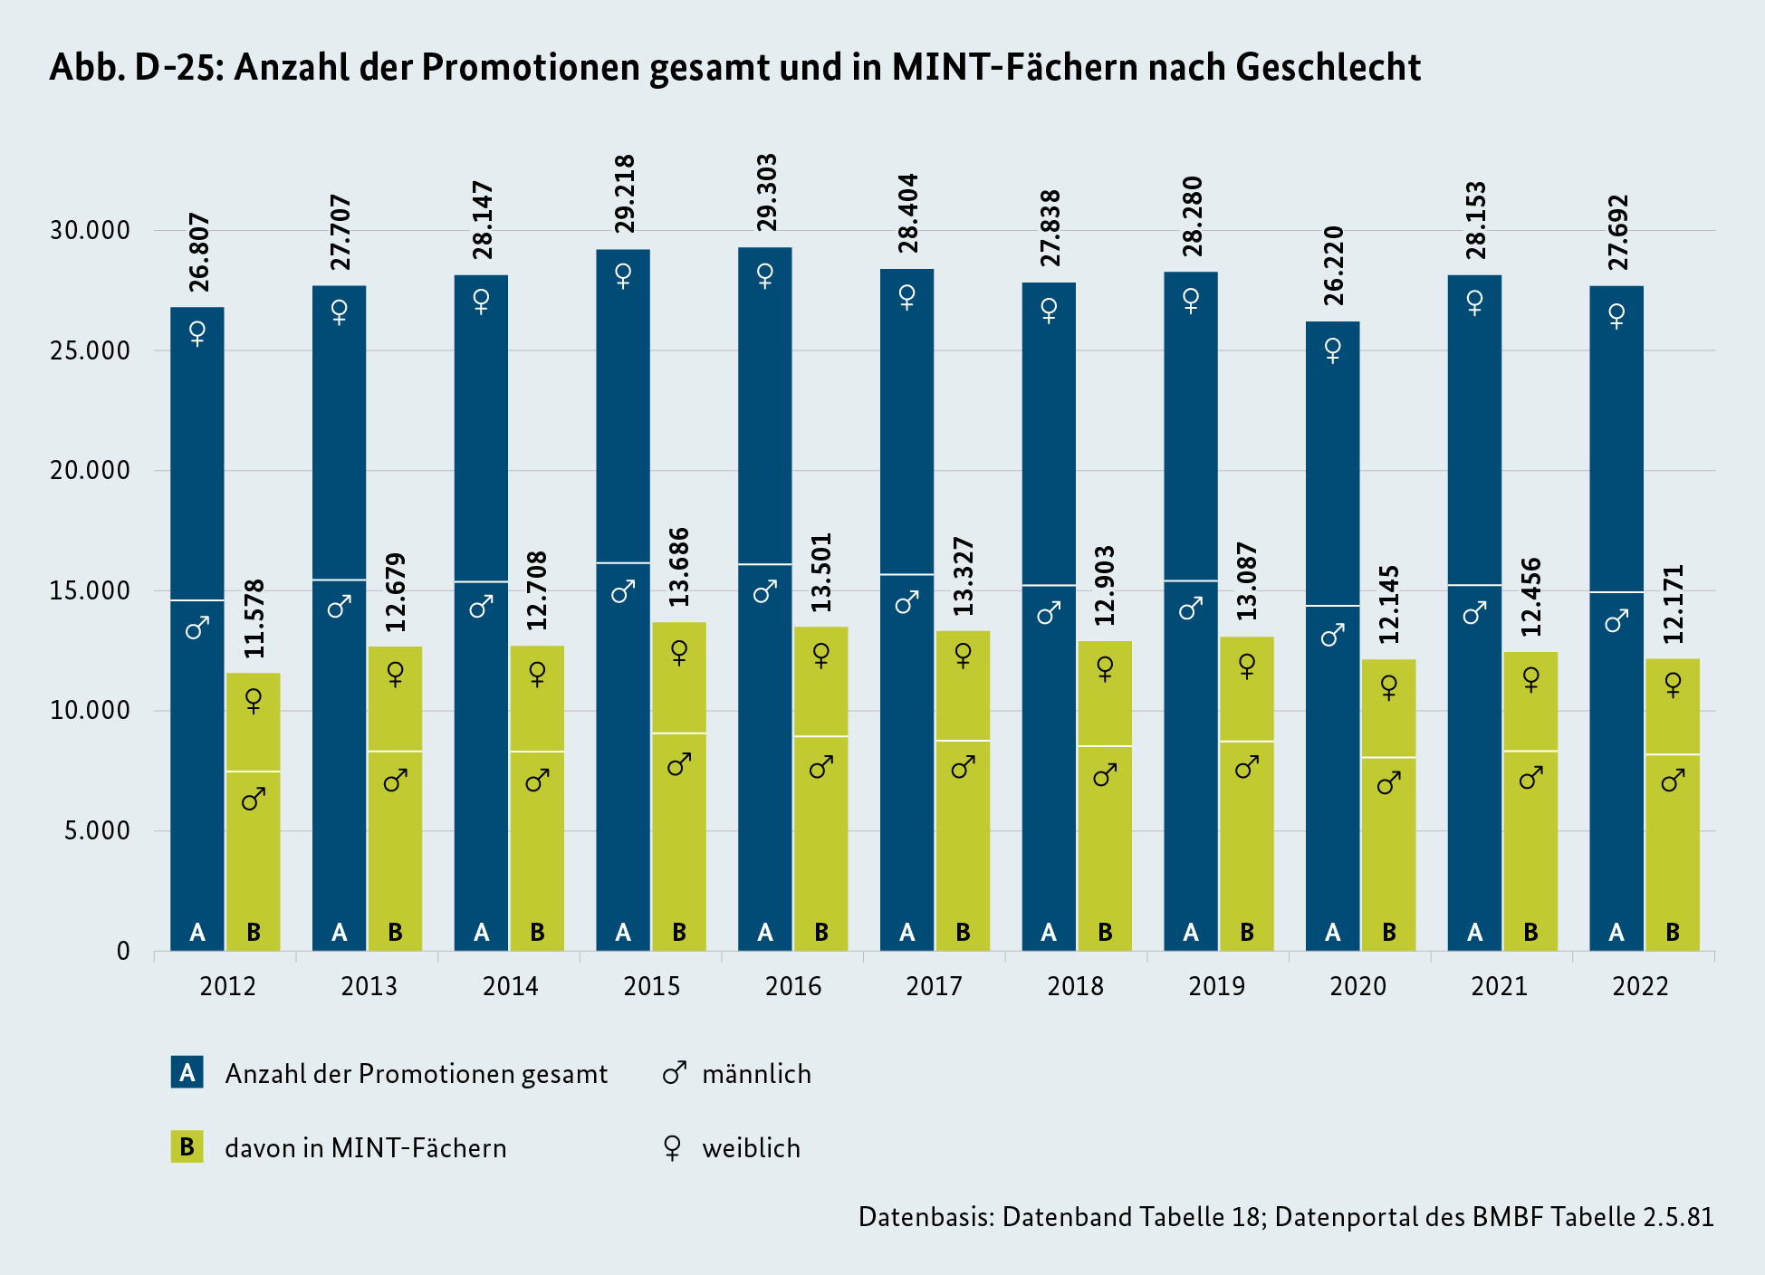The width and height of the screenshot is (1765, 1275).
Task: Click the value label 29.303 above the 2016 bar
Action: tap(766, 193)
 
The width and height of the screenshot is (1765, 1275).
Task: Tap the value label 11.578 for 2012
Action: tap(254, 618)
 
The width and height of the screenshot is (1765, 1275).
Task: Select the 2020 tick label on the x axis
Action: tap(1357, 986)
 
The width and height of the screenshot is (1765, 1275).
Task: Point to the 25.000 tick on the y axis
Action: tap(90, 350)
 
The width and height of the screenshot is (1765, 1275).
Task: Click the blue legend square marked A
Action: tap(187, 1072)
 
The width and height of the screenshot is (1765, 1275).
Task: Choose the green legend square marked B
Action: tap(187, 1147)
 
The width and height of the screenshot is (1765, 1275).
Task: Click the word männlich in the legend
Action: tap(756, 1074)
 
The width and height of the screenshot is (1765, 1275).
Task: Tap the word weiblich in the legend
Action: tap(751, 1148)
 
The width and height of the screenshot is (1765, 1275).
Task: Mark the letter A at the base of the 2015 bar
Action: tap(623, 932)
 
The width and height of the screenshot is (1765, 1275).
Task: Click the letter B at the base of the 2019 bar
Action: tap(1247, 932)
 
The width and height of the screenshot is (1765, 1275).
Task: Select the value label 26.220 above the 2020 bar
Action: tap(1334, 265)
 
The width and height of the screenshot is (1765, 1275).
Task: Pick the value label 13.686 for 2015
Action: tap(679, 567)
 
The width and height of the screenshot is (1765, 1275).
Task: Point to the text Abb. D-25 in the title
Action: tap(136, 67)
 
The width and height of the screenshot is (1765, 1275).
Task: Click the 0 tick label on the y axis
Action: tap(123, 952)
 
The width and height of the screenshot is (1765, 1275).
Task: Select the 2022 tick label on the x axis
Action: tap(1640, 986)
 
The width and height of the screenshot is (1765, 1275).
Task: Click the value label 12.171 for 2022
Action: tap(1674, 604)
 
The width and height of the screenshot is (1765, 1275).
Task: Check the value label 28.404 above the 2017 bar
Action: tap(908, 214)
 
